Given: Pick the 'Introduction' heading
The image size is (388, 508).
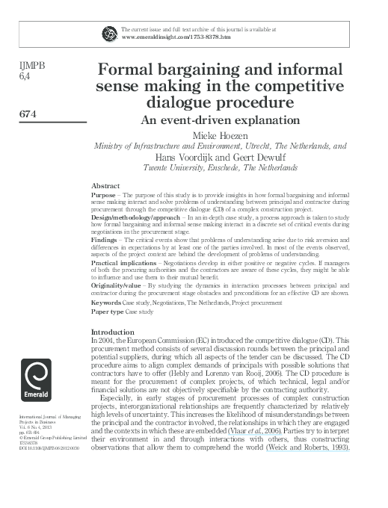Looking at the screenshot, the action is click(112, 331).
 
